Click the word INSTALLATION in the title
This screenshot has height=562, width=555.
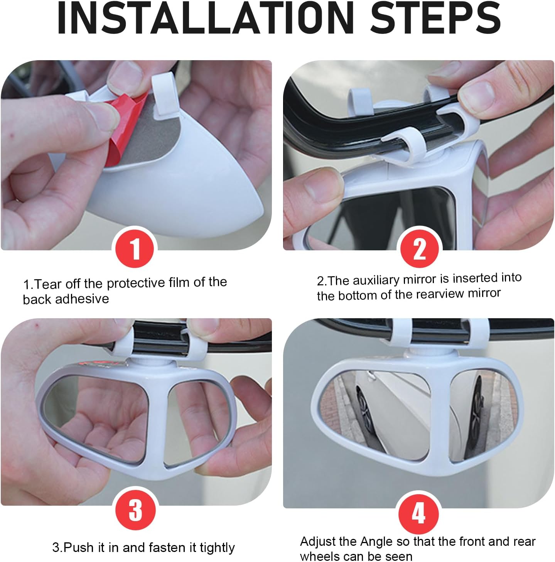(206, 18)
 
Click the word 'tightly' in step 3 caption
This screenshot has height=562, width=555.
(217, 548)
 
